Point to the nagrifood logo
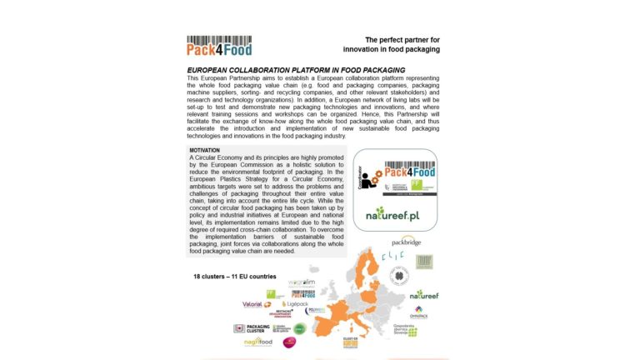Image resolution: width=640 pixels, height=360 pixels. tap(258, 342)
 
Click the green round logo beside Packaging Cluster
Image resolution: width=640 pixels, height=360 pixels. tap(299, 328)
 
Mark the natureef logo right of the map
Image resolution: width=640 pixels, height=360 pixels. tap(422, 294)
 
